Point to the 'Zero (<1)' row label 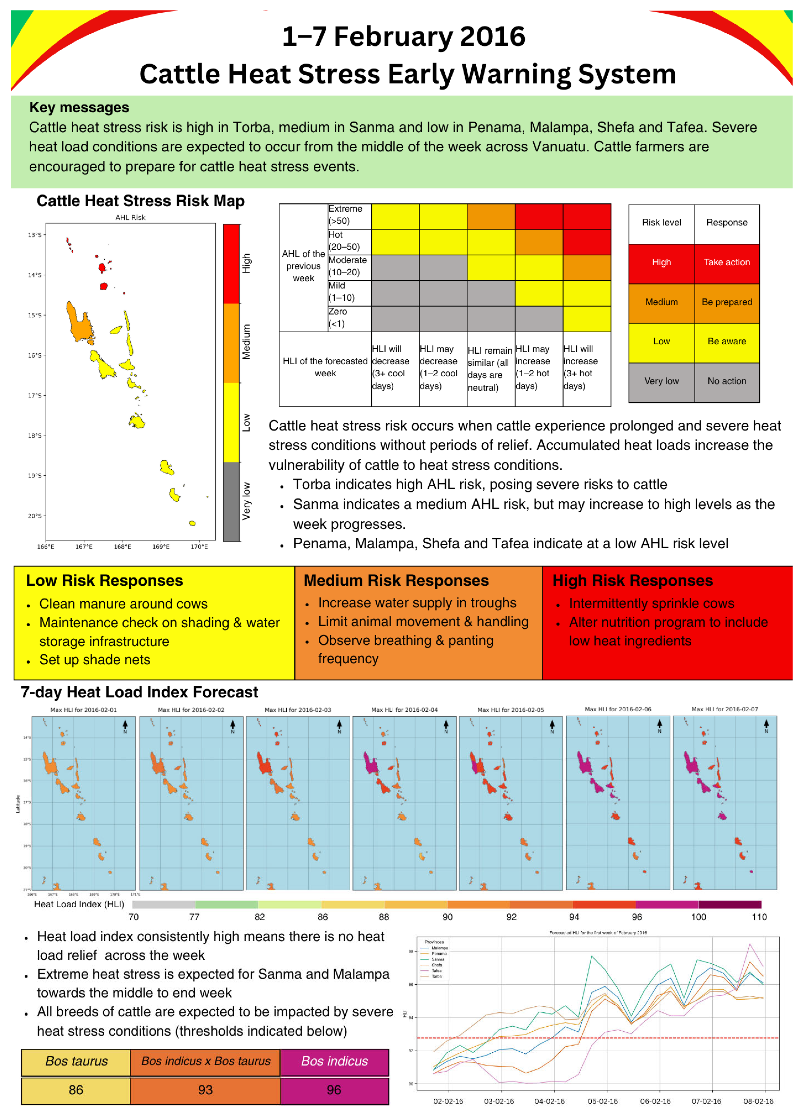pyautogui.click(x=338, y=318)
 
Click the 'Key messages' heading pyautogui.click(x=79, y=107)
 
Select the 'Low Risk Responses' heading pyautogui.click(x=104, y=581)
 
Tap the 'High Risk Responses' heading pyautogui.click(x=632, y=581)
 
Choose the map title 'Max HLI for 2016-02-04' pyautogui.click(x=404, y=710)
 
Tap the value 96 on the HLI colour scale pyautogui.click(x=637, y=917)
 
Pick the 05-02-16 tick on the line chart pyautogui.click(x=602, y=1101)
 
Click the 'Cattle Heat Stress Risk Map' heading pyautogui.click(x=140, y=201)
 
